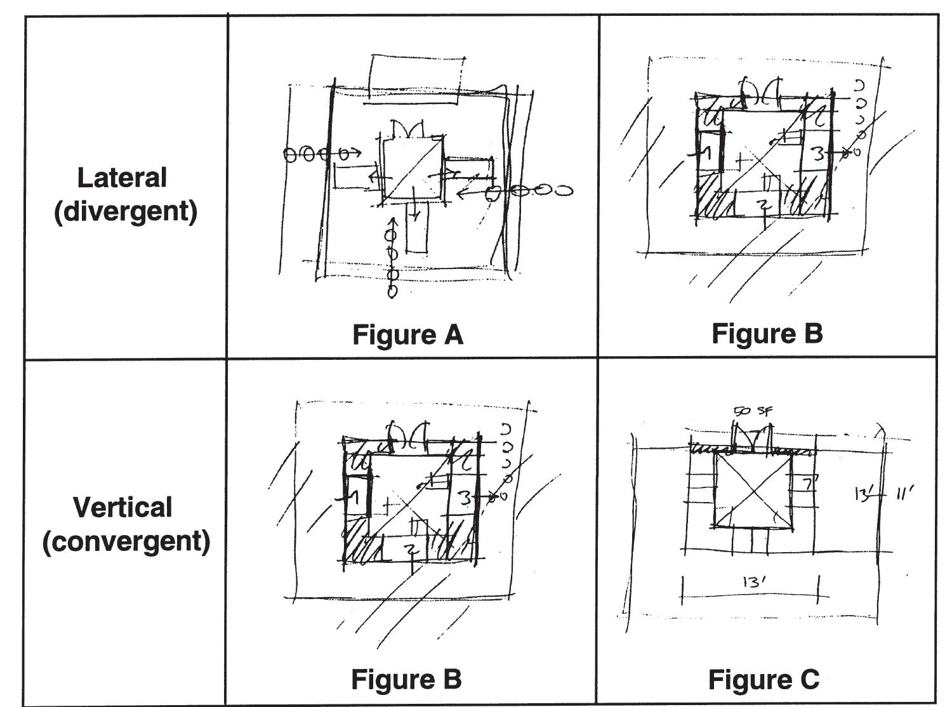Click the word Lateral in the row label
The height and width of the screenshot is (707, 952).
(122, 178)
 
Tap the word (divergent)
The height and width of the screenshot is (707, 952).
(125, 211)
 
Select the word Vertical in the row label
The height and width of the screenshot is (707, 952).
(122, 507)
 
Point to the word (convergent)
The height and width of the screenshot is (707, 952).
(126, 541)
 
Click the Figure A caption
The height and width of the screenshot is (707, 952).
(407, 334)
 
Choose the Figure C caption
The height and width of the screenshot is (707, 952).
(764, 679)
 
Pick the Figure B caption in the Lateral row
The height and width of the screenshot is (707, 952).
(767, 333)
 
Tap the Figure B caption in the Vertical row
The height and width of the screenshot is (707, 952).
(406, 679)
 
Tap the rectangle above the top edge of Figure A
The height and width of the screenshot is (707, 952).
(416, 77)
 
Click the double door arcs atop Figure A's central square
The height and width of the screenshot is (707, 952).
(407, 128)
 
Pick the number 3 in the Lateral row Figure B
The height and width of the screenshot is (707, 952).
(819, 154)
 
